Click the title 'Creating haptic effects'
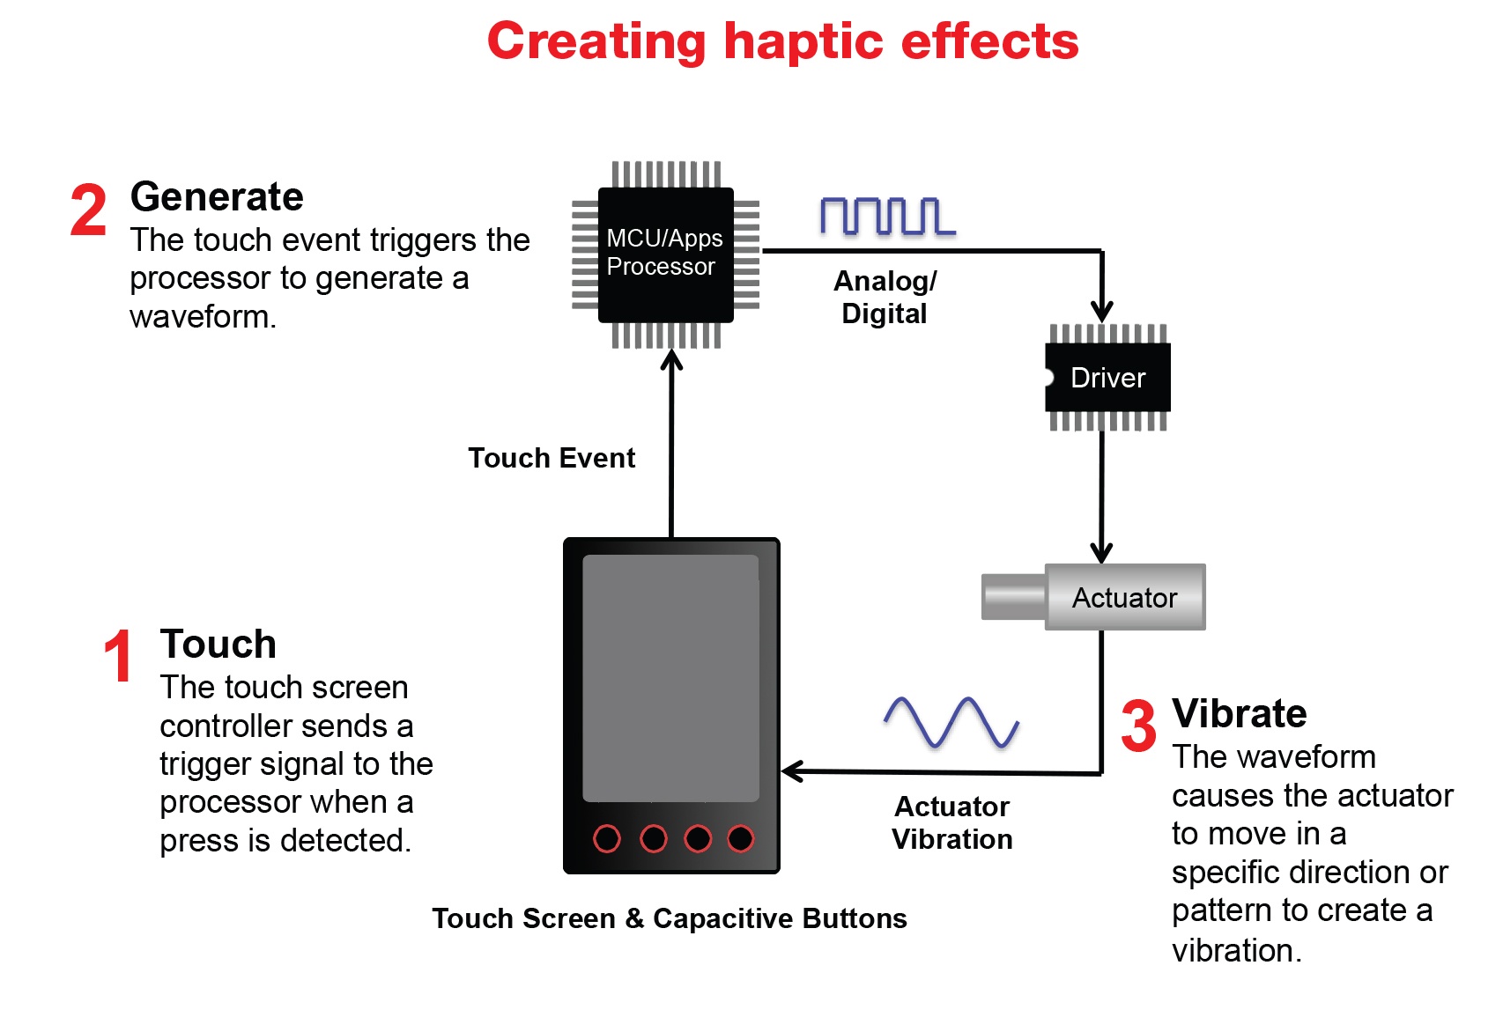(x=782, y=41)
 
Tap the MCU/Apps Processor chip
(x=665, y=254)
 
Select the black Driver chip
(x=1107, y=378)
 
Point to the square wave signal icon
(x=886, y=217)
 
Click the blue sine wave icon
(x=951, y=722)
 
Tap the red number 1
(x=118, y=657)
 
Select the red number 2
(x=88, y=211)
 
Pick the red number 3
(x=1138, y=726)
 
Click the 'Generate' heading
(x=217, y=196)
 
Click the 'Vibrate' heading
(x=1239, y=713)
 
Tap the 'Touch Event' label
(x=552, y=458)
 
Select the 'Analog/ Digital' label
(x=885, y=297)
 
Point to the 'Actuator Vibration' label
(x=952, y=822)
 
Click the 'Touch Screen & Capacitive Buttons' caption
(x=670, y=918)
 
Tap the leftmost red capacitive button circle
(x=607, y=839)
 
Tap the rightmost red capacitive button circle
(x=741, y=839)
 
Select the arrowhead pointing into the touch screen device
(x=791, y=771)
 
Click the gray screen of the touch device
(x=671, y=678)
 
